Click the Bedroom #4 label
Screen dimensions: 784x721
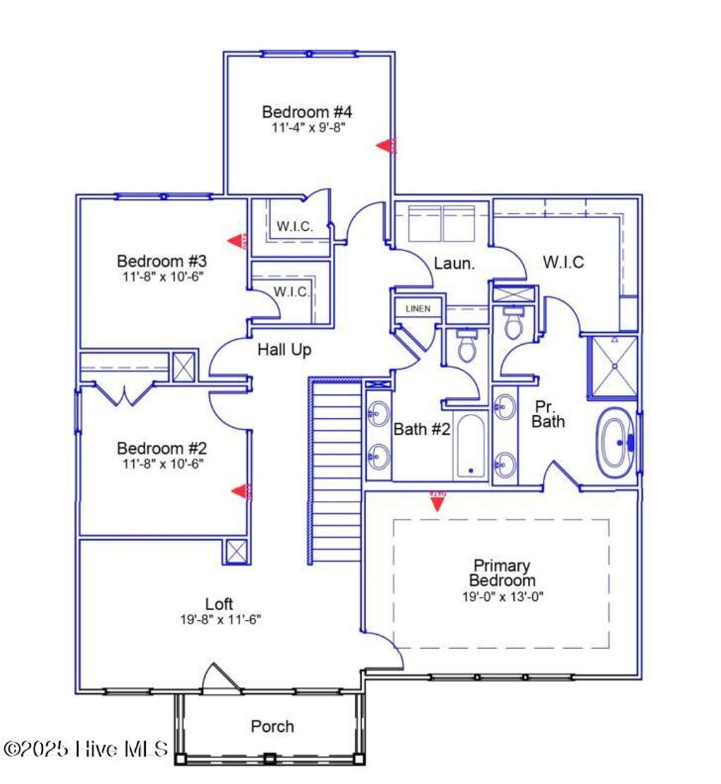tap(307, 112)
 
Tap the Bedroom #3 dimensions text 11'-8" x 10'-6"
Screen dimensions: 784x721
tap(161, 277)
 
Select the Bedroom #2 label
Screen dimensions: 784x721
tap(161, 448)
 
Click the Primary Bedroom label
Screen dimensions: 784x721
tap(502, 573)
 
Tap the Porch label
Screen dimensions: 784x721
tap(272, 726)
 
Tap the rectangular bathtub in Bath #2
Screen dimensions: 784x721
tap(470, 446)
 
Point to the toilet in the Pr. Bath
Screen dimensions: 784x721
tap(513, 322)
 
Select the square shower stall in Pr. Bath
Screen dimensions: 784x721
tap(613, 365)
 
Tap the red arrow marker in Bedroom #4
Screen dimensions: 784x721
tap(387, 146)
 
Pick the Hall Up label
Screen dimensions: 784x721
tap(284, 349)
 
